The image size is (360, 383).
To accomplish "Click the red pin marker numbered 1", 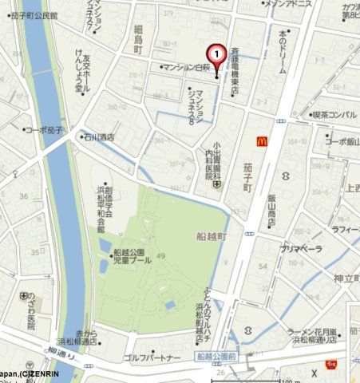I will point(216,54).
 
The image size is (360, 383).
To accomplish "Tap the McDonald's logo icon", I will point(259,140).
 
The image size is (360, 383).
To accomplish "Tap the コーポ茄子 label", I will point(45,129).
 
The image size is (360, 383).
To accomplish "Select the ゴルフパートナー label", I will point(152,357).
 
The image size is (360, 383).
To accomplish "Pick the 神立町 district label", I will point(347,278).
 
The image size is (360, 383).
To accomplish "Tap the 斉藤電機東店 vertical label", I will point(235,72).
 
